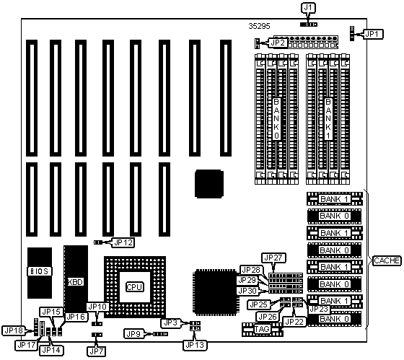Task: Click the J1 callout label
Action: (x=308, y=8)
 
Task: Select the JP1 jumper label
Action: (x=373, y=34)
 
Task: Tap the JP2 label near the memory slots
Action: (x=278, y=43)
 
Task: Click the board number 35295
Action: (x=260, y=26)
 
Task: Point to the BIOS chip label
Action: (x=40, y=271)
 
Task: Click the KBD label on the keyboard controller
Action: (x=76, y=282)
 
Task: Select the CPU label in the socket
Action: (x=135, y=287)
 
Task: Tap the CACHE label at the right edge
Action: (x=387, y=260)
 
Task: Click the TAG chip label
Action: (x=262, y=329)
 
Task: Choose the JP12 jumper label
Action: (x=123, y=242)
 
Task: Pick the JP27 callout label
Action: (x=273, y=258)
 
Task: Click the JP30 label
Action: (x=248, y=291)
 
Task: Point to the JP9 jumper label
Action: (x=133, y=334)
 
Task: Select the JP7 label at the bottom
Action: (x=97, y=351)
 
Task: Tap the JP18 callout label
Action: (x=14, y=330)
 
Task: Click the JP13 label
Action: (x=195, y=345)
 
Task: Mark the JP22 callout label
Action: (x=295, y=322)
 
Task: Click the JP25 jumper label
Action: (x=259, y=304)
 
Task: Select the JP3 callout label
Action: (x=171, y=322)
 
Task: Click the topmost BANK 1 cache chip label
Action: (x=335, y=199)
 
